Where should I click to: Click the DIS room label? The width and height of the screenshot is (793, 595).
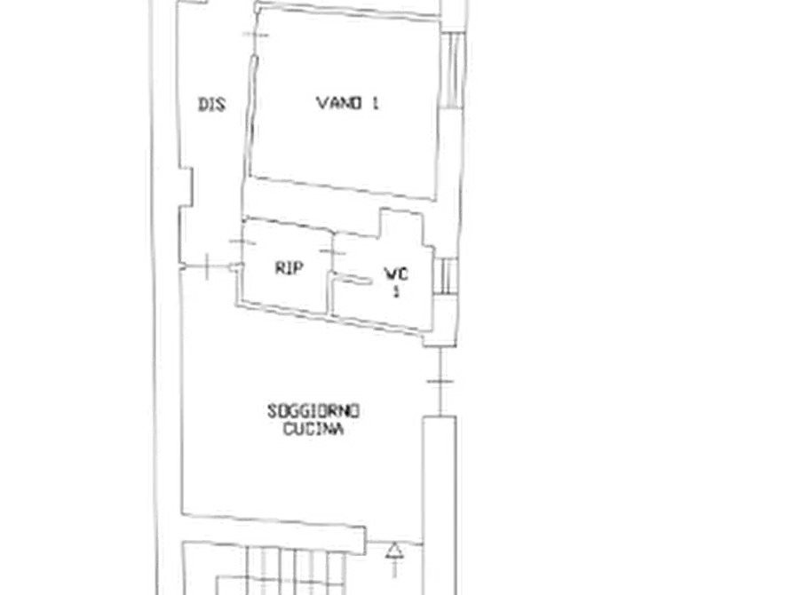[211, 104]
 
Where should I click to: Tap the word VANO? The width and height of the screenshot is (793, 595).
[339, 103]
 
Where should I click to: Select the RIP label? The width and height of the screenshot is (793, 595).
[289, 267]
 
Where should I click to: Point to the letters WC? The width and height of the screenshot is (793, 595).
[396, 274]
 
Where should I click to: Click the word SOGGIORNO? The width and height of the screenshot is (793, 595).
[313, 410]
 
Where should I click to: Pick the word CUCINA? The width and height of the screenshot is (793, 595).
[313, 429]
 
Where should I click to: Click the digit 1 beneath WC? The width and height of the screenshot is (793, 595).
[396, 292]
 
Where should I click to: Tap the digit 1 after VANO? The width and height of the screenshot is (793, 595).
[375, 103]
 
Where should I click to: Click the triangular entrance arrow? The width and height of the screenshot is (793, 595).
[395, 550]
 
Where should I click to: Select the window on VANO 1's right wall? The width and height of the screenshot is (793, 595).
[452, 70]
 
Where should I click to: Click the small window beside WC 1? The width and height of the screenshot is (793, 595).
[446, 276]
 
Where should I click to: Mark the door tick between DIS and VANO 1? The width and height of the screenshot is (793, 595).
[256, 35]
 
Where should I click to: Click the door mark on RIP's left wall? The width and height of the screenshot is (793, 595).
[242, 242]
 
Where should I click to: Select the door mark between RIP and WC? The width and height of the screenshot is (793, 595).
[332, 251]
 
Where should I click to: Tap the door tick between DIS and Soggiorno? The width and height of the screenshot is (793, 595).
[207, 266]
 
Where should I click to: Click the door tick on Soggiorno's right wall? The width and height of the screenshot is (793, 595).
[440, 382]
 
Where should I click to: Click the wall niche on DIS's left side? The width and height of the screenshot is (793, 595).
[187, 186]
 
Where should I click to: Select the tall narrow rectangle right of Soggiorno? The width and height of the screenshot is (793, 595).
[440, 505]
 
